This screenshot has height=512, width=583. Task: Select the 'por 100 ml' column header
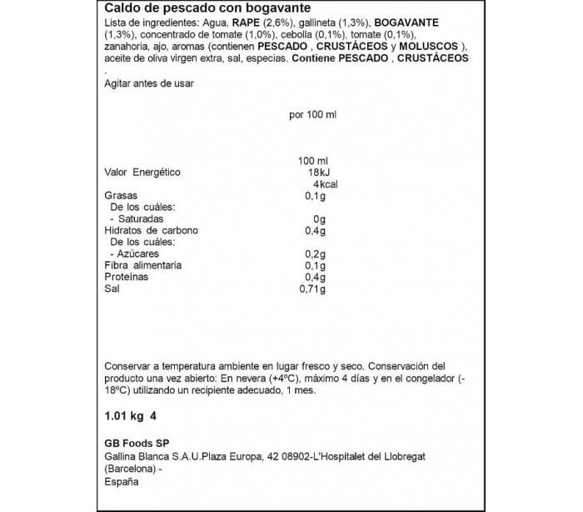tap(312, 115)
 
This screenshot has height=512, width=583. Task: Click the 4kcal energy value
tap(321, 184)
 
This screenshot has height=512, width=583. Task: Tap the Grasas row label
tap(121, 196)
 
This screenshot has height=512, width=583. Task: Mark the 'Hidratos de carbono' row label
tap(152, 230)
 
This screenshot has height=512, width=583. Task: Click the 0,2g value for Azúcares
tap(315, 253)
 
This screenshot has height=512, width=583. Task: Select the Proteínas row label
tap(127, 277)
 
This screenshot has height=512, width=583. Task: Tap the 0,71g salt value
tap(312, 289)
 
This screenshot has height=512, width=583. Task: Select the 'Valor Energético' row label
tap(142, 173)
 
